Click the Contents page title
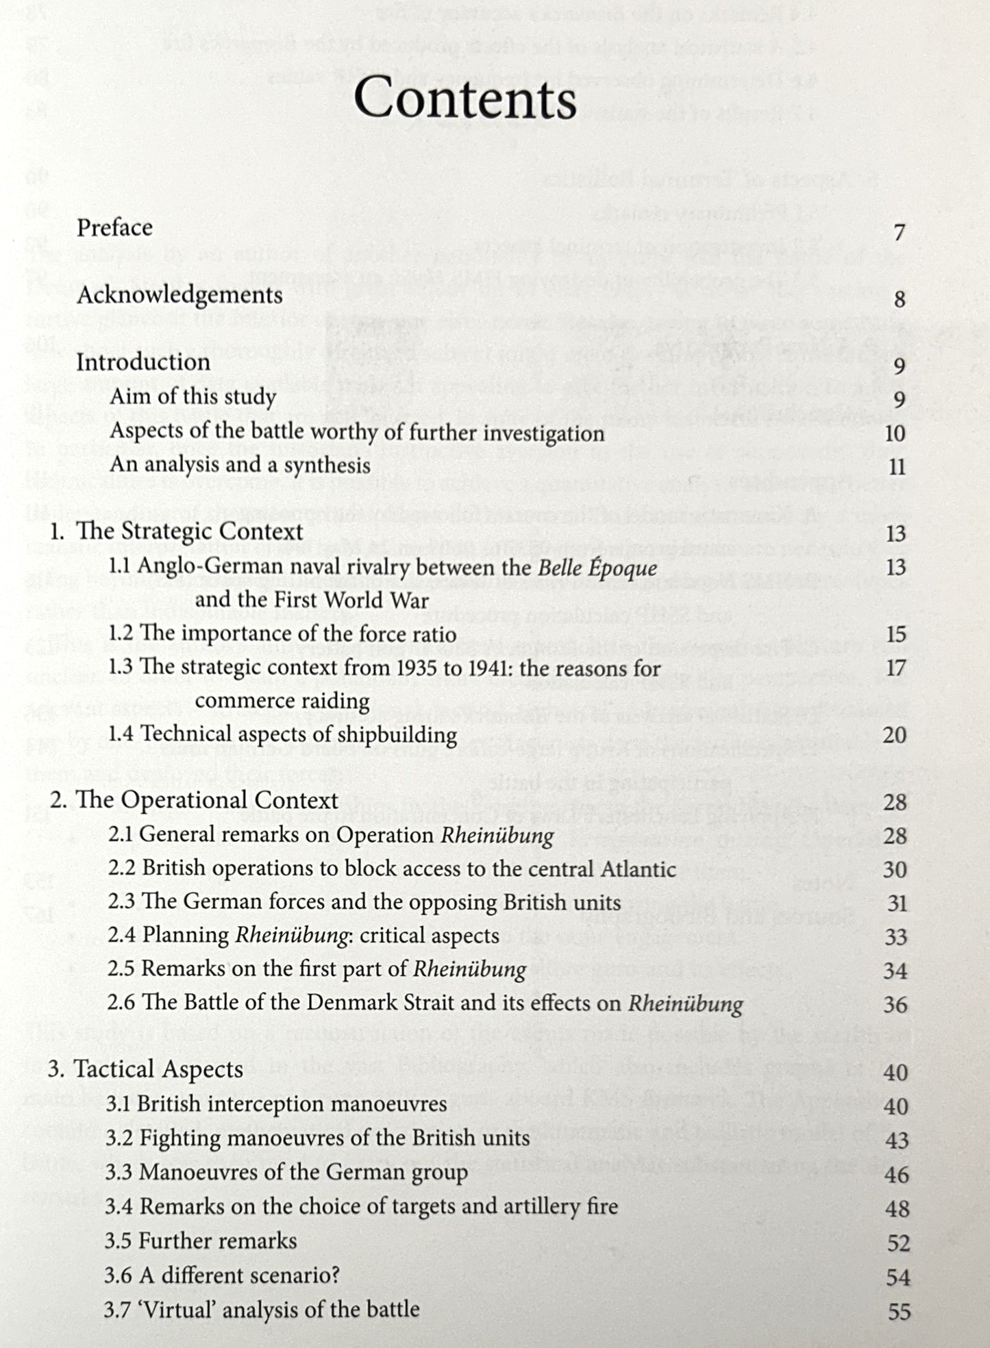point(465,100)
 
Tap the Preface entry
point(114,227)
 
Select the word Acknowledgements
point(180,295)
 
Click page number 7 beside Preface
point(900,233)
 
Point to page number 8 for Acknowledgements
point(900,299)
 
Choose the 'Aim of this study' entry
point(193,397)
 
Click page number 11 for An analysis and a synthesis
point(897,467)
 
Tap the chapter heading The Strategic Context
point(190,532)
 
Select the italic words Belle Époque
point(597,568)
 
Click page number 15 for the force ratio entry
point(895,634)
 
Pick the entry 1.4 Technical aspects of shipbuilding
point(282,735)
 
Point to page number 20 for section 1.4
point(895,735)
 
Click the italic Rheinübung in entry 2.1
point(497,836)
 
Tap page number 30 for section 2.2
point(895,870)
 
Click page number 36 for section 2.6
point(895,1006)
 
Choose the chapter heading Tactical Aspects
point(158,1069)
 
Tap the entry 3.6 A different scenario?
point(222,1275)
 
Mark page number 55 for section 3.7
point(899,1312)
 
